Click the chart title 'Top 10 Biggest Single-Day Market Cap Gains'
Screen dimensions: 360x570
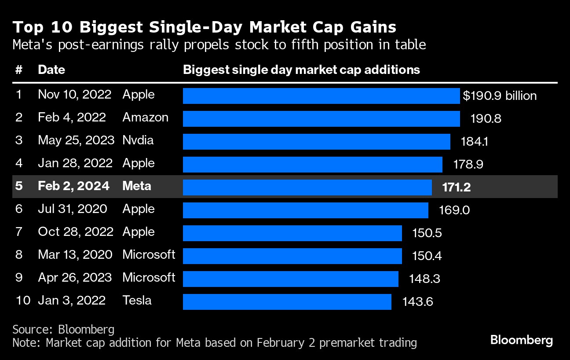(205, 27)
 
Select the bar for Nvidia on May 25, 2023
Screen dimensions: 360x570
(316, 142)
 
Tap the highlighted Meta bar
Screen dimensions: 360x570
(307, 187)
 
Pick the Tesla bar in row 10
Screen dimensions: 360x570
(287, 302)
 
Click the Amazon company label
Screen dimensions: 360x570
(145, 118)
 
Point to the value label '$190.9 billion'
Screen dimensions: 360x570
(500, 96)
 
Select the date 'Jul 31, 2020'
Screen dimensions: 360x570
(73, 209)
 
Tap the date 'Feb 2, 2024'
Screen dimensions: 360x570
(73, 186)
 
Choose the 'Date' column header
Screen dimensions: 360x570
(51, 70)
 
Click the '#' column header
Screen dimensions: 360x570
(18, 70)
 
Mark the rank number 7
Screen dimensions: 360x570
(18, 231)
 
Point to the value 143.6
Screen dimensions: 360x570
(417, 302)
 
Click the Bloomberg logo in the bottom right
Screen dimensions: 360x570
(521, 340)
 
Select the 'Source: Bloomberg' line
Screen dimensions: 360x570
(63, 329)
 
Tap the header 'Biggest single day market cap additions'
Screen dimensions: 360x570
(301, 70)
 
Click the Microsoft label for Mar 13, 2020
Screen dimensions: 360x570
(149, 254)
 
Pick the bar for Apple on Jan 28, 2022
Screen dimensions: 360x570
(312, 165)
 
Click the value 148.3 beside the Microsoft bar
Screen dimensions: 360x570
(424, 279)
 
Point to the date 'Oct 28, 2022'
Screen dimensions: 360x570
(76, 231)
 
